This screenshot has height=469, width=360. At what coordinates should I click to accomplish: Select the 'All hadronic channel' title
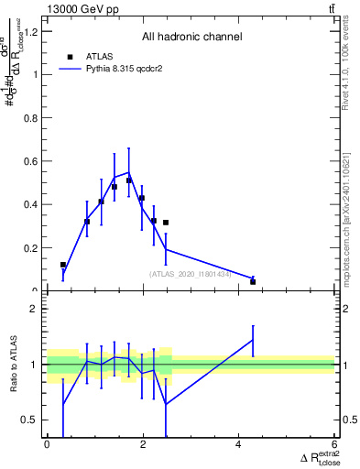pyautogui.click(x=191, y=37)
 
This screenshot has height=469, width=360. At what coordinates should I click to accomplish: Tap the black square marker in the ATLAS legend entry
pyautogui.click(x=70, y=56)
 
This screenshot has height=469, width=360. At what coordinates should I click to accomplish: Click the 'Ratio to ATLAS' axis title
pyautogui.click(x=14, y=365)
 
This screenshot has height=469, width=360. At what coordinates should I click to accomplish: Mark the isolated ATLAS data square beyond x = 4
pyautogui.click(x=253, y=281)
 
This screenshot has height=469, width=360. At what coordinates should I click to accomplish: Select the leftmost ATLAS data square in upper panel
pyautogui.click(x=63, y=265)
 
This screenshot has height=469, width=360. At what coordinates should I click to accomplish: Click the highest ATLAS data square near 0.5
pyautogui.click(x=129, y=180)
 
